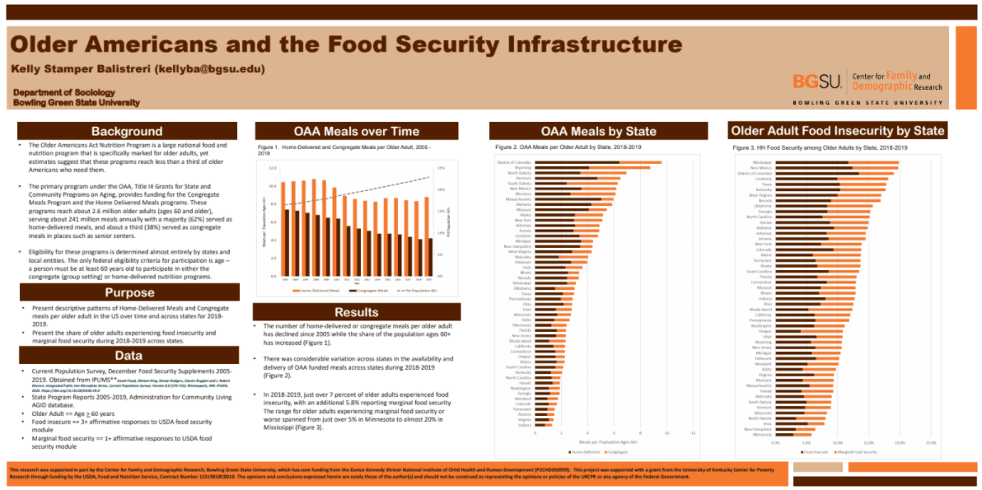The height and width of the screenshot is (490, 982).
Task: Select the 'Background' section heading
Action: coord(127,131)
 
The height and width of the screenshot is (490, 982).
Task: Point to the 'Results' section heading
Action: coord(355,312)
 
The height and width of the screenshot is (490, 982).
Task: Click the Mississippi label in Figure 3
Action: coord(761,162)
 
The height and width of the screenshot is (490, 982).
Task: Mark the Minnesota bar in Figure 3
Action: coord(790,434)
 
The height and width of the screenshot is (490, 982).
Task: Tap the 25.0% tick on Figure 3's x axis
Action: coord(931,442)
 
